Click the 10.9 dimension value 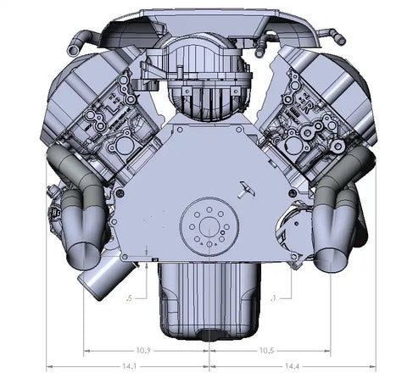pyautogui.click(x=143, y=351)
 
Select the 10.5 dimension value pyautogui.click(x=267, y=351)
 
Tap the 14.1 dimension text pyautogui.click(x=130, y=366)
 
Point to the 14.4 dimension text pyautogui.click(x=292, y=366)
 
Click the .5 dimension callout pyautogui.click(x=130, y=298)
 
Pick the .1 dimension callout pyautogui.click(x=273, y=298)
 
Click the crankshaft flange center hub pyautogui.click(x=209, y=226)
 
